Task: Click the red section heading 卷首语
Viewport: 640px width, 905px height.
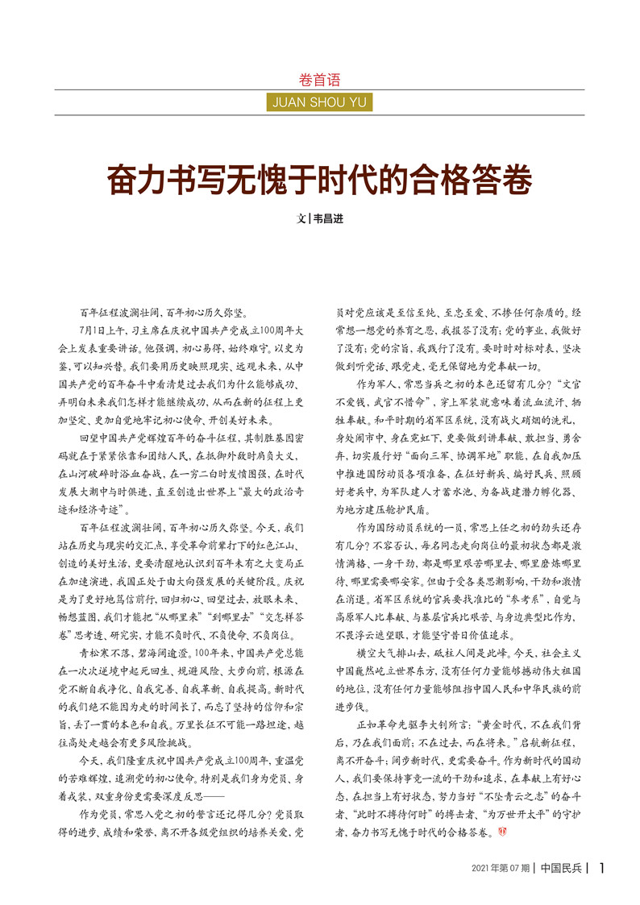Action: pos(319,80)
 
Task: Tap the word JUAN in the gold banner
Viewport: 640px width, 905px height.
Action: pos(292,102)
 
